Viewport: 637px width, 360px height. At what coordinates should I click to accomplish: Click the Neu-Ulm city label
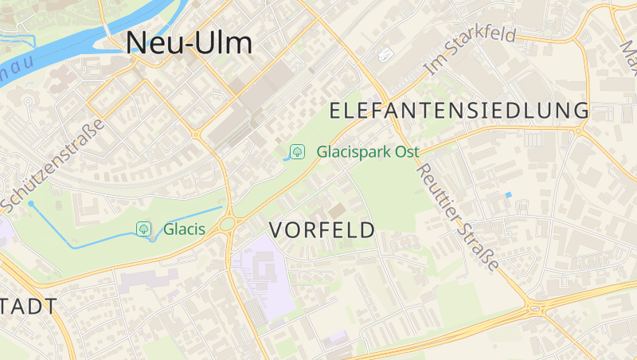[x=190, y=43]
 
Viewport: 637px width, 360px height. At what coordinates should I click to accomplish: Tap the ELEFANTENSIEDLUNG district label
[x=459, y=110]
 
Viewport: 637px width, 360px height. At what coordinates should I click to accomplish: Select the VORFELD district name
[x=322, y=230]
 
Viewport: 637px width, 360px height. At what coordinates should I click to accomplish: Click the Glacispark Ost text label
[x=367, y=151]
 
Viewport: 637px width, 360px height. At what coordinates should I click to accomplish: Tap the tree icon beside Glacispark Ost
[x=297, y=151]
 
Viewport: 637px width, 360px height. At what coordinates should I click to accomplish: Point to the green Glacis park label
[x=184, y=229]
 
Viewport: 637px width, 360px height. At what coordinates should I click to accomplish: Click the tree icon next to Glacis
[x=143, y=229]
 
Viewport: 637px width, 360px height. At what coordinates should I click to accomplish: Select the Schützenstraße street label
[x=53, y=166]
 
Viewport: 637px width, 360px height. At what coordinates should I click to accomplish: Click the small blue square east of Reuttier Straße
[x=509, y=195]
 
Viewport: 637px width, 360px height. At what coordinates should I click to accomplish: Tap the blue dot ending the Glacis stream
[x=31, y=204]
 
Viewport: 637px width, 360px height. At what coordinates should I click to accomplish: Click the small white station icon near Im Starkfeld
[x=386, y=54]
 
